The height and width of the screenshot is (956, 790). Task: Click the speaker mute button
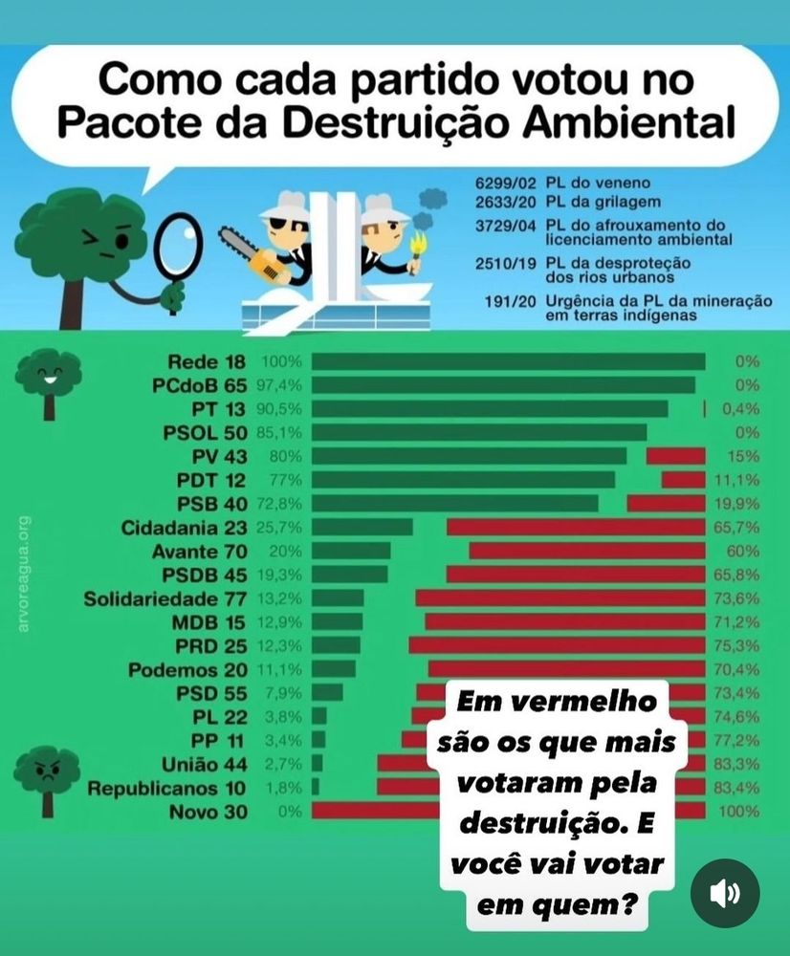(x=725, y=893)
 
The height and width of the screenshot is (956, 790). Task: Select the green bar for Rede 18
(x=508, y=361)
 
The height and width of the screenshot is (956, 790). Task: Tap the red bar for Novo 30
(x=373, y=811)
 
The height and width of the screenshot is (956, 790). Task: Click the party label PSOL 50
(x=204, y=431)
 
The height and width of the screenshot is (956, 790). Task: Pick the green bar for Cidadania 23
(x=362, y=527)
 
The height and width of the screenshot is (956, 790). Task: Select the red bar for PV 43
(x=675, y=456)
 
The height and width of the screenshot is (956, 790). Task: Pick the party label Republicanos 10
(x=167, y=789)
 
